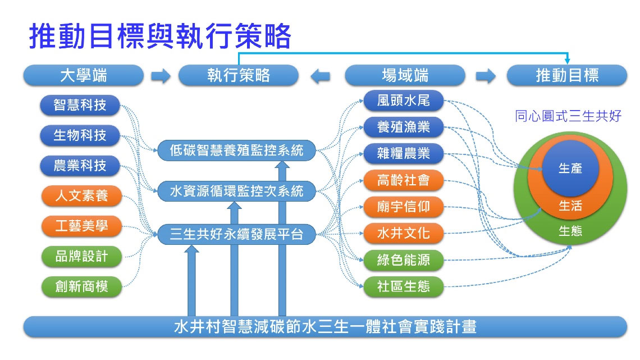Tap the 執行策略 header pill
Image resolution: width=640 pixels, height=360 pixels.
pyautogui.click(x=238, y=75)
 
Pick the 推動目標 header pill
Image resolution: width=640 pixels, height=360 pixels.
pyautogui.click(x=566, y=75)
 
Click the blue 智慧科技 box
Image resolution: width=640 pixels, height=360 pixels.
pyautogui.click(x=80, y=104)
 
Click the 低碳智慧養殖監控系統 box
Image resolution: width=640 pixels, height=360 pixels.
pyautogui.click(x=236, y=151)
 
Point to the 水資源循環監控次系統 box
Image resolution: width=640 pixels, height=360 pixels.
pyautogui.click(x=236, y=192)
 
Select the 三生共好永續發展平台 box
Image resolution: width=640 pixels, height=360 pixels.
pyautogui.click(x=236, y=234)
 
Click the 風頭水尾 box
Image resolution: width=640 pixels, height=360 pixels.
pyautogui.click(x=404, y=101)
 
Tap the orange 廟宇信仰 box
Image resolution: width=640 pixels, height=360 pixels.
pyautogui.click(x=404, y=207)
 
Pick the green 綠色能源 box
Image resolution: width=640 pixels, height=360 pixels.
pyautogui.click(x=404, y=260)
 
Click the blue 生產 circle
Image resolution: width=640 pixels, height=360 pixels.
pyautogui.click(x=570, y=168)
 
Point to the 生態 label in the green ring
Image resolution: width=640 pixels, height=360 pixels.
pyautogui.click(x=570, y=231)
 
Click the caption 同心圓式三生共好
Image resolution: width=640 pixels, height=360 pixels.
pyautogui.click(x=568, y=116)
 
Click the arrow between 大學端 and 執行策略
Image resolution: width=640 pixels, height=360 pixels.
pyautogui.click(x=161, y=76)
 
